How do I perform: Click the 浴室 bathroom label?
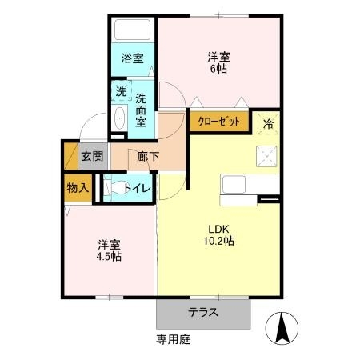pyautogui.click(x=132, y=58)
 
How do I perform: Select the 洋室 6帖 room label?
pyautogui.click(x=219, y=63)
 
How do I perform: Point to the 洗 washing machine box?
pyautogui.click(x=120, y=91)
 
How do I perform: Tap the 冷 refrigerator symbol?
pyautogui.click(x=267, y=123)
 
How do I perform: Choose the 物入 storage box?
pyautogui.click(x=77, y=188)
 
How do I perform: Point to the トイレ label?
pyautogui.click(x=138, y=189)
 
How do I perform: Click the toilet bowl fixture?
pyautogui.click(x=113, y=189)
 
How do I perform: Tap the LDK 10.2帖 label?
pyautogui.click(x=218, y=234)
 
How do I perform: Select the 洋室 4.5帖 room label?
pyautogui.click(x=110, y=250)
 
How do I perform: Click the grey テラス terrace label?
pyautogui.click(x=204, y=313)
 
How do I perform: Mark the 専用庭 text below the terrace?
pyautogui.click(x=174, y=339)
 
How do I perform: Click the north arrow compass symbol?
pyautogui.click(x=282, y=327)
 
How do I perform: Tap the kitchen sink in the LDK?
pyautogui.click(x=238, y=185)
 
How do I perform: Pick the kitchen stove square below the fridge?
pyautogui.click(x=266, y=156)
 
